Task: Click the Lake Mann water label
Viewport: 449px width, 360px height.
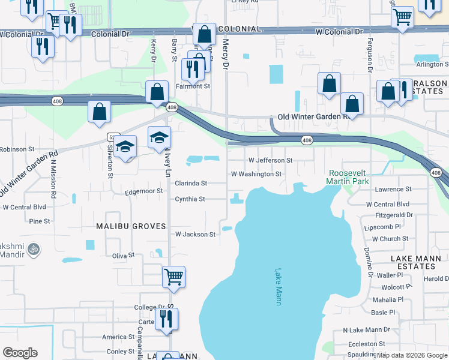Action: (278, 287)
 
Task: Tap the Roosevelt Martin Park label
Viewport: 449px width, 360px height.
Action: (351, 176)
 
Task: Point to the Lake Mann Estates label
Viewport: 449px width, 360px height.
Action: (415, 262)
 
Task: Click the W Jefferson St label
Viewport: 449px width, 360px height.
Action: (270, 161)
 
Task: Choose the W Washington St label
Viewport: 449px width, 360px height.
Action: (256, 174)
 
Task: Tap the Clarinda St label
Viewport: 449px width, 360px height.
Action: (191, 183)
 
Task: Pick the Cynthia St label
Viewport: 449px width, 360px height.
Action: (190, 199)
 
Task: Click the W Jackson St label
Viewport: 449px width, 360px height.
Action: (195, 235)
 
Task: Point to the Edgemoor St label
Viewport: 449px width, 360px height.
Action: (144, 191)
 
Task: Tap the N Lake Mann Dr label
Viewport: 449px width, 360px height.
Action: (366, 330)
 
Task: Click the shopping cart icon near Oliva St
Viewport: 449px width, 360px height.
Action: (173, 277)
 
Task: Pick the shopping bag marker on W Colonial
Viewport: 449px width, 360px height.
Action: (205, 35)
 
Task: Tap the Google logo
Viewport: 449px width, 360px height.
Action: (20, 353)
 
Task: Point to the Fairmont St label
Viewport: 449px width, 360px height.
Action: (192, 86)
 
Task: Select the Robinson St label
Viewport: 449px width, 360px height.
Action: (17, 149)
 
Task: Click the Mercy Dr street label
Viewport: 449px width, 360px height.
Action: (226, 53)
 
